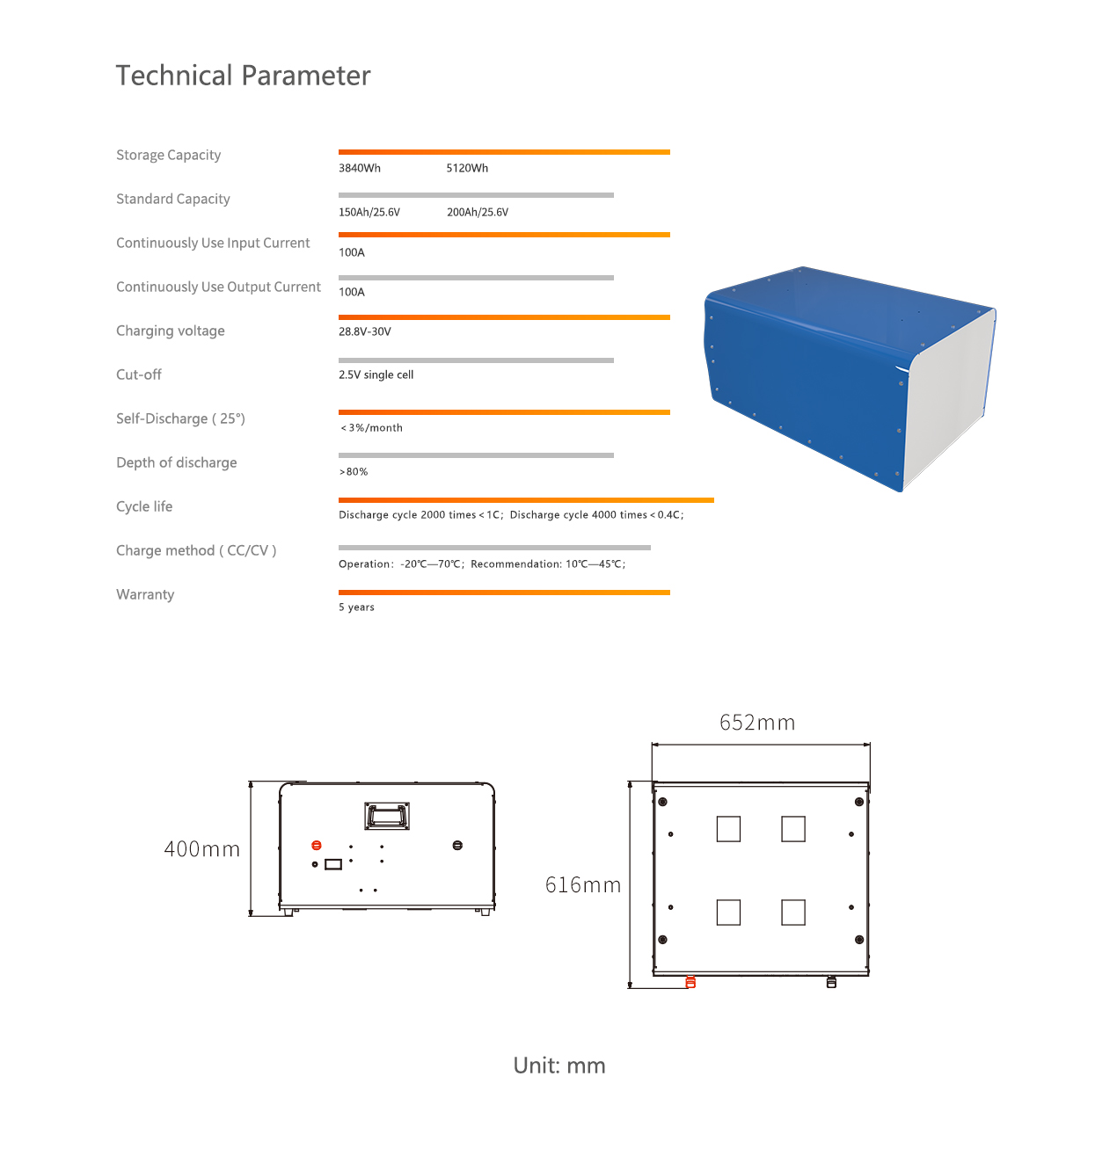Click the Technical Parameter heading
click(x=243, y=76)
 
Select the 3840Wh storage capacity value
click(x=360, y=168)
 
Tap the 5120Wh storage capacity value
click(x=467, y=168)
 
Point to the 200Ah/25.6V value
click(x=478, y=212)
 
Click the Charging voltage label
click(x=171, y=331)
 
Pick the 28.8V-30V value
click(x=365, y=331)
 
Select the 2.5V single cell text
click(x=376, y=375)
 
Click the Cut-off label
click(x=139, y=375)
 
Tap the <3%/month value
click(x=371, y=428)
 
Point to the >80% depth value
click(x=354, y=472)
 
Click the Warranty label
click(x=145, y=594)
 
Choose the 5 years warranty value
click(x=356, y=607)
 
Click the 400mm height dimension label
click(x=201, y=849)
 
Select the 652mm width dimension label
click(x=757, y=723)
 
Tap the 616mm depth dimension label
click(x=583, y=885)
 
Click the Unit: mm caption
click(x=559, y=1065)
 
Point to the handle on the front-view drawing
click(x=387, y=815)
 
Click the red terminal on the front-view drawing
click(x=317, y=846)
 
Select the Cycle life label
click(x=144, y=506)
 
